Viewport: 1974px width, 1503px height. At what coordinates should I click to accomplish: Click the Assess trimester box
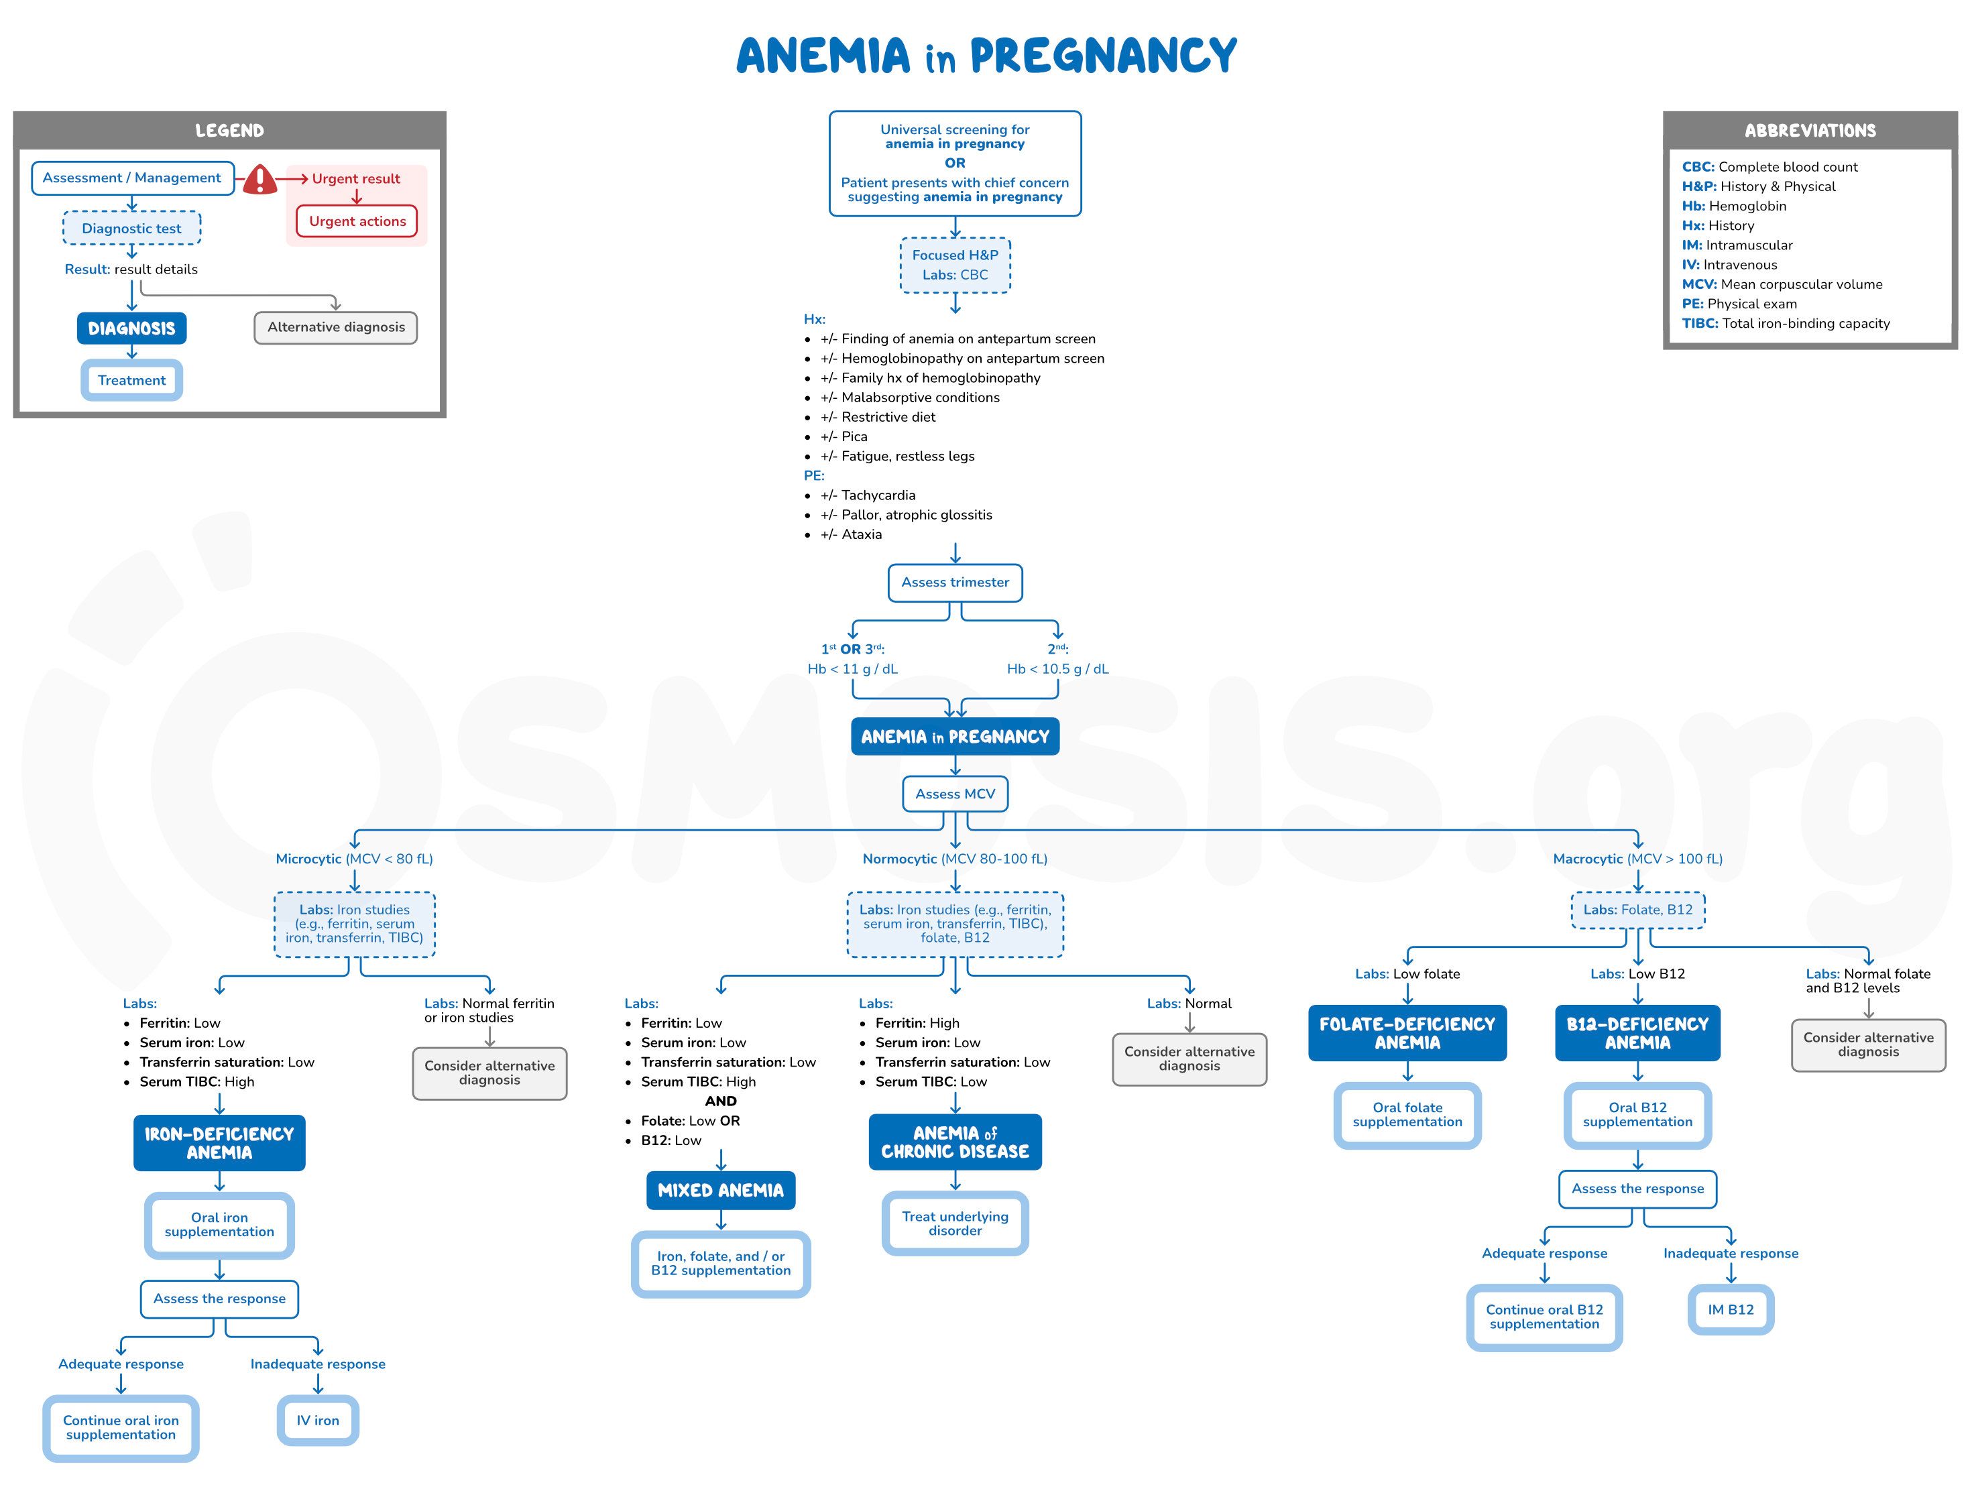pos(954,583)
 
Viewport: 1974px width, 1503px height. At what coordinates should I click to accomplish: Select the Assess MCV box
pos(954,794)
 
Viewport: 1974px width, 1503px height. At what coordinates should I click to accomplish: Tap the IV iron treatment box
pos(318,1421)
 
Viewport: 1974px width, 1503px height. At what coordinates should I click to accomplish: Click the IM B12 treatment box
pos(1730,1310)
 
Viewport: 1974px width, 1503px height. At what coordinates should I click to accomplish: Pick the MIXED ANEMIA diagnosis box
pos(720,1191)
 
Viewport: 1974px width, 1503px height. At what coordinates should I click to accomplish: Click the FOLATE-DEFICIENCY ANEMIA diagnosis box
pos(1407,1033)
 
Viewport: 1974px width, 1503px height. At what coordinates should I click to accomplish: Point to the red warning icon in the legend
pos(260,180)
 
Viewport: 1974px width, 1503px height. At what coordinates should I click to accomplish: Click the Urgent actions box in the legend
pos(357,221)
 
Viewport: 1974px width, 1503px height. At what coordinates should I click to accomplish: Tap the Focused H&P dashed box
pos(954,265)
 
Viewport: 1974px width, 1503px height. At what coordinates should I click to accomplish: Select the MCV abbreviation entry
pos(1781,284)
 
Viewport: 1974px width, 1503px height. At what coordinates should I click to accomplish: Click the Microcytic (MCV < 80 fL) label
pos(354,859)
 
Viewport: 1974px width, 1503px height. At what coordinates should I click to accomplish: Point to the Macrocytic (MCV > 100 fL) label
pos(1637,859)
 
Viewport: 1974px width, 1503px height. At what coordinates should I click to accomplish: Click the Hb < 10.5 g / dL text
pos(1057,669)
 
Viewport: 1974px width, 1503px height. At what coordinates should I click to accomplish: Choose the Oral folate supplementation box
pos(1407,1115)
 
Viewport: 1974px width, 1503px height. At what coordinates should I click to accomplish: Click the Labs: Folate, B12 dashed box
pos(1637,910)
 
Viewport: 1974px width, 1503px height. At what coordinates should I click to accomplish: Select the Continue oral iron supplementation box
pos(121,1428)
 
